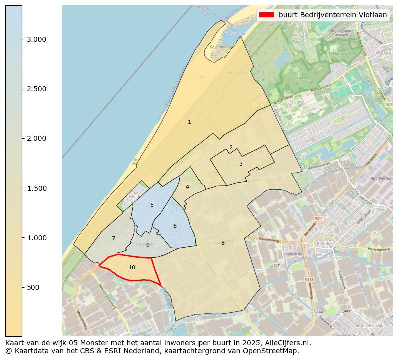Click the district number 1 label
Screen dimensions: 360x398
189,122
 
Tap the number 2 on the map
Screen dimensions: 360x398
231,147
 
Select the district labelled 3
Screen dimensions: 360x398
241,164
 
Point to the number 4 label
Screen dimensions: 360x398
187,187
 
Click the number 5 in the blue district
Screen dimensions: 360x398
152,205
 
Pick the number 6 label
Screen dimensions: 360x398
175,226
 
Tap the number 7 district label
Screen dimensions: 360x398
113,238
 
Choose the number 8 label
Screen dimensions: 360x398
223,243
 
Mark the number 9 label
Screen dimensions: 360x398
148,245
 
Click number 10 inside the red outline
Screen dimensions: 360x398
132,267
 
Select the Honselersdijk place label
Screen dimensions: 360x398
369,325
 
